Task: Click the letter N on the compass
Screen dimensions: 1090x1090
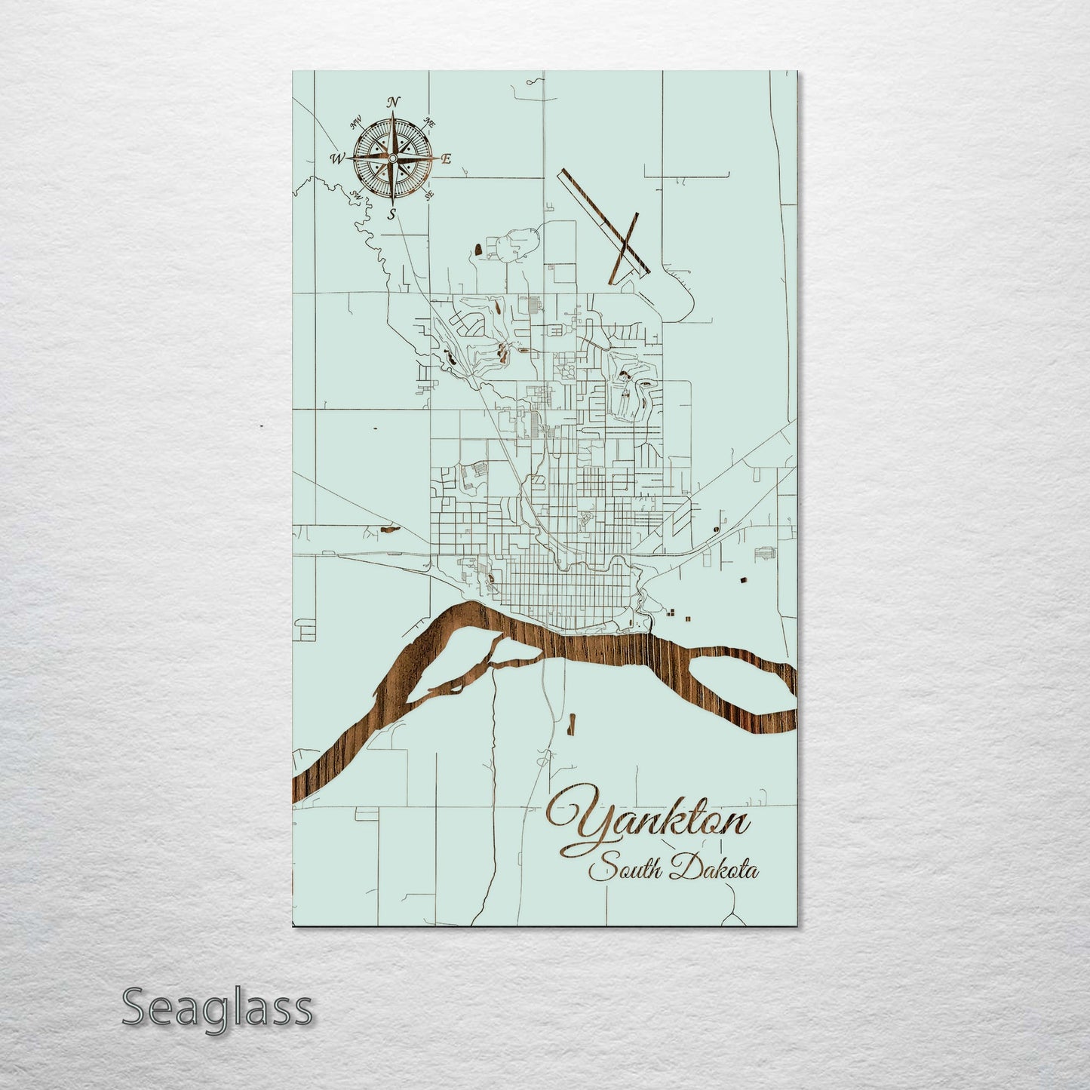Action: click(393, 103)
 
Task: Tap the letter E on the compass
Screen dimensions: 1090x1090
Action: click(446, 158)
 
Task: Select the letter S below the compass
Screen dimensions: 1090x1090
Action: click(391, 214)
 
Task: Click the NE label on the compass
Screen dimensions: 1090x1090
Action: click(431, 121)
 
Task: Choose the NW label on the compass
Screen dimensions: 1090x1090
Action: click(355, 121)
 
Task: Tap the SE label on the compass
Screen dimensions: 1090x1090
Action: click(429, 195)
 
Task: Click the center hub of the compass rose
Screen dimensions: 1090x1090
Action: click(392, 158)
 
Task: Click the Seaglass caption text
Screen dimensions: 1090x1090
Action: click(216, 1007)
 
